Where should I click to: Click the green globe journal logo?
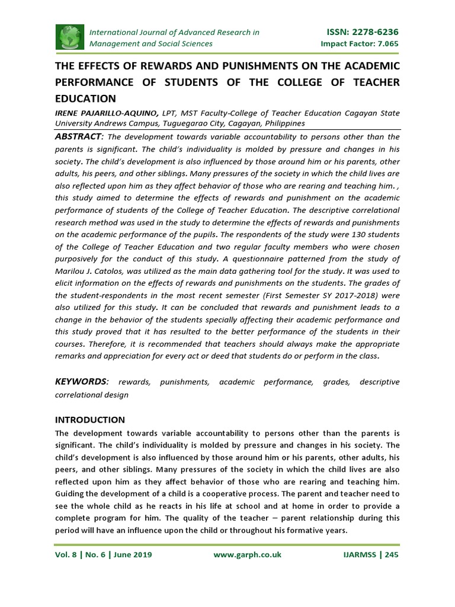(70, 37)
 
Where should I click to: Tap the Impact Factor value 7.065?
(385, 44)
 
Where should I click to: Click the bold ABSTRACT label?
(79, 136)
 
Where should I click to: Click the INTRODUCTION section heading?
(89, 420)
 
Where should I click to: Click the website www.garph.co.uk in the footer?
(246, 555)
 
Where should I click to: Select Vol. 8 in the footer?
(66, 555)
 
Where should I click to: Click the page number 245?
(391, 555)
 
